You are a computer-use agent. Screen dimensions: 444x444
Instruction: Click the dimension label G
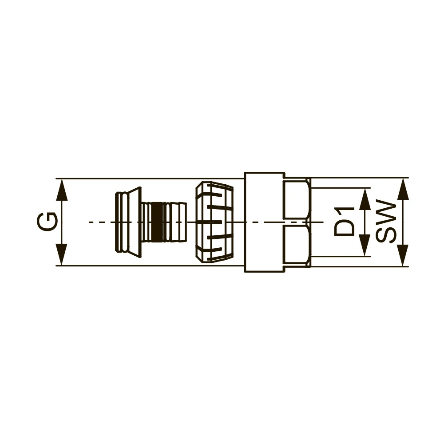[x=48, y=222]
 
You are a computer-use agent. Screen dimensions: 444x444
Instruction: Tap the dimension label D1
[x=344, y=222]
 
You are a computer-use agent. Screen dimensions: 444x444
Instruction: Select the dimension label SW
[x=386, y=222]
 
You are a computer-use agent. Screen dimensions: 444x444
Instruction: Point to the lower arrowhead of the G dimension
[x=62, y=254]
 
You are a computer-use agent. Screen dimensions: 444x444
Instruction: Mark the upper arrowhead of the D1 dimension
[x=365, y=199]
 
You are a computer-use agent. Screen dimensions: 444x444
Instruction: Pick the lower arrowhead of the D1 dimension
[x=365, y=245]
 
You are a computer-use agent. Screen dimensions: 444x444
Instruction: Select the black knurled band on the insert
[x=157, y=222]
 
